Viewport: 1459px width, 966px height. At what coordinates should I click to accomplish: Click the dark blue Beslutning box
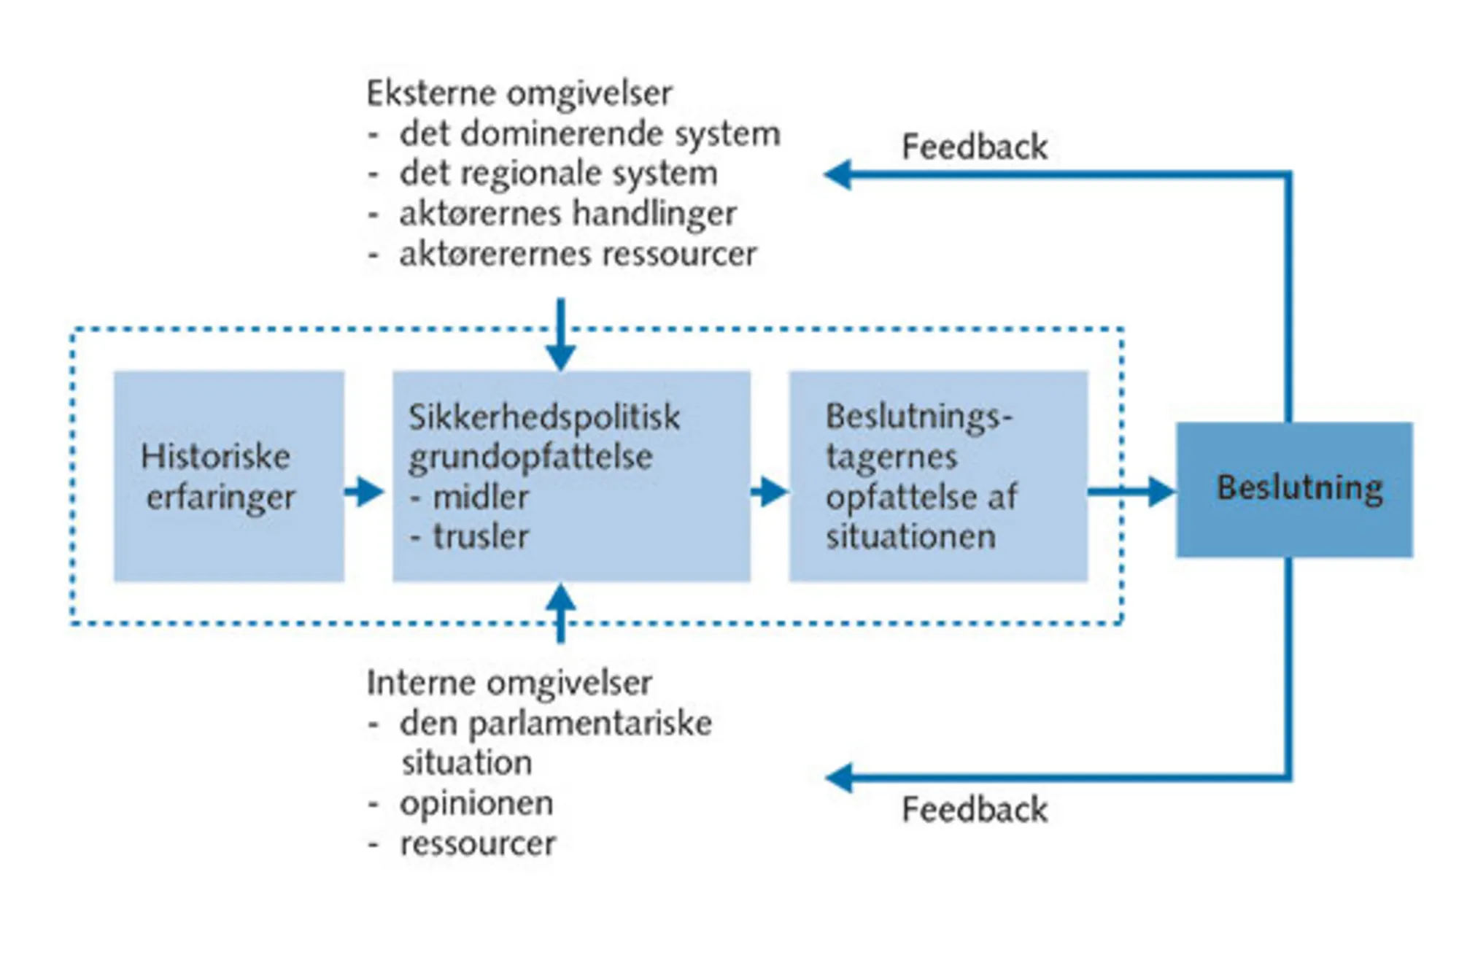(x=1293, y=490)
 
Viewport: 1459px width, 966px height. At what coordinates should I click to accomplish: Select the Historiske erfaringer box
(x=228, y=476)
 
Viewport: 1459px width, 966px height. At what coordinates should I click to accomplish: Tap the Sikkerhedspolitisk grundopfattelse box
(x=571, y=476)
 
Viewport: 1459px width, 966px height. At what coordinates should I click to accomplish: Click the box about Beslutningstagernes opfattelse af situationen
(x=938, y=476)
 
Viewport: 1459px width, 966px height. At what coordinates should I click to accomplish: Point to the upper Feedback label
(x=974, y=147)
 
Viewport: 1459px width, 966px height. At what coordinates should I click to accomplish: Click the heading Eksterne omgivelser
(x=519, y=93)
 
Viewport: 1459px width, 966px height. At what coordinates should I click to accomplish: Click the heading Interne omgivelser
(x=508, y=683)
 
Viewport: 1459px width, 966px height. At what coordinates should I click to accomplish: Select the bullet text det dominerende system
(x=589, y=134)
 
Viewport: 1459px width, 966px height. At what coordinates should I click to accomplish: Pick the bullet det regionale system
(x=558, y=174)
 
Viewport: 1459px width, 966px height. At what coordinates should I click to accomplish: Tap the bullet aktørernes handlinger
(x=568, y=214)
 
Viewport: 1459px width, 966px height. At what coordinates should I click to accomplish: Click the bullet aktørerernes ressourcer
(x=578, y=254)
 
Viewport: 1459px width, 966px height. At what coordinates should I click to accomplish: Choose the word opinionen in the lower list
(x=476, y=803)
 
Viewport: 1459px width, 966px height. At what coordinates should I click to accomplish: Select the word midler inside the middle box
(x=480, y=497)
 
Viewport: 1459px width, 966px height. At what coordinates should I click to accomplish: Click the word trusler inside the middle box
(x=480, y=536)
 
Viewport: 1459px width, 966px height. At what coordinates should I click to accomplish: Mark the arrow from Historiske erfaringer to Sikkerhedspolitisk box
(x=365, y=491)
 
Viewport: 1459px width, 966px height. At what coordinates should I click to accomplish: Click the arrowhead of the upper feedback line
(x=838, y=174)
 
